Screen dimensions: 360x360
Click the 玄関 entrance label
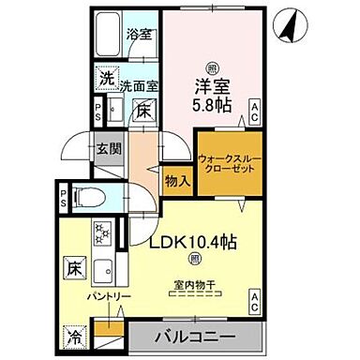(x=106, y=149)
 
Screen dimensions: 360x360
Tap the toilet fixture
(x=85, y=199)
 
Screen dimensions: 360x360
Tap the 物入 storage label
(x=177, y=177)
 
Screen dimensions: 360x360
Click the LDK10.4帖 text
(x=194, y=241)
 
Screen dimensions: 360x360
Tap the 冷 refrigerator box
(x=74, y=334)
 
